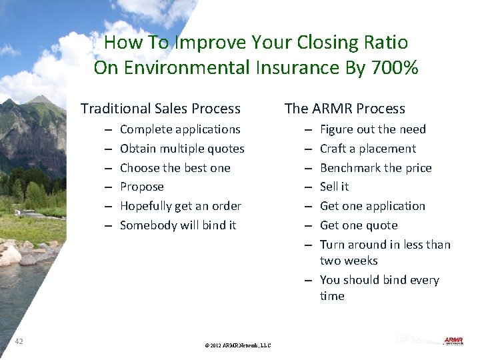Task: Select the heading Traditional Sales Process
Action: (161, 109)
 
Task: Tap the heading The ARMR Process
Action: (345, 109)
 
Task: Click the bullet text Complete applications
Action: (180, 129)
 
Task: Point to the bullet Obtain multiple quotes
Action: (182, 149)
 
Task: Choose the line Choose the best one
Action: (175, 168)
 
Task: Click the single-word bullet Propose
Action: (141, 187)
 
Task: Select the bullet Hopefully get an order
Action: (180, 206)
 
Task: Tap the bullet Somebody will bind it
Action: (178, 225)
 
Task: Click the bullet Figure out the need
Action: (373, 129)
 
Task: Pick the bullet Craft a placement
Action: (367, 149)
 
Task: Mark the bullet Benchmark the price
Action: (375, 168)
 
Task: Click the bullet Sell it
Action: (334, 187)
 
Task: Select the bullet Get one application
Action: (372, 206)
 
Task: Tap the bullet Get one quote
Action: (359, 225)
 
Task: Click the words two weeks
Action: (349, 261)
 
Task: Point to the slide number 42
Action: (19, 341)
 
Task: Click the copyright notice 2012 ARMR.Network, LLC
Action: (238, 345)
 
